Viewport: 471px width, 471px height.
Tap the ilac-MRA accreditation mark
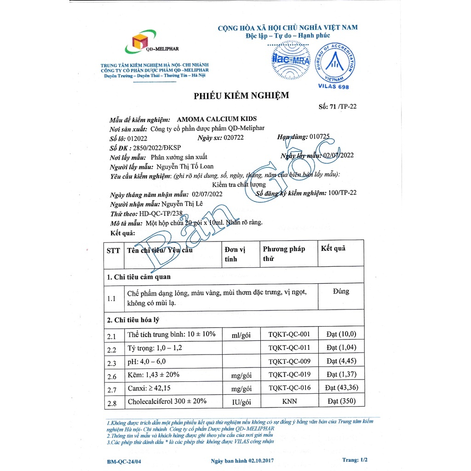(288, 60)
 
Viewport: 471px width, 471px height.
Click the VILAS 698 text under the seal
(333, 87)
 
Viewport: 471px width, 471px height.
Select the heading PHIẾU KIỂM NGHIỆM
(241, 96)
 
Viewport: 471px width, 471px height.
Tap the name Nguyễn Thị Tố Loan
(185, 167)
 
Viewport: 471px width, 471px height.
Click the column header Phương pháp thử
(284, 253)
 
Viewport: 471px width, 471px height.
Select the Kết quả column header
(333, 248)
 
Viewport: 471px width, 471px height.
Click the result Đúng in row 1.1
(340, 291)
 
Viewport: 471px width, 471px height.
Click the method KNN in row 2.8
(289, 402)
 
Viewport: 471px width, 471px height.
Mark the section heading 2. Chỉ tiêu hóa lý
(133, 320)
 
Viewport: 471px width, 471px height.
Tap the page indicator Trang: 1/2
(355, 460)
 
